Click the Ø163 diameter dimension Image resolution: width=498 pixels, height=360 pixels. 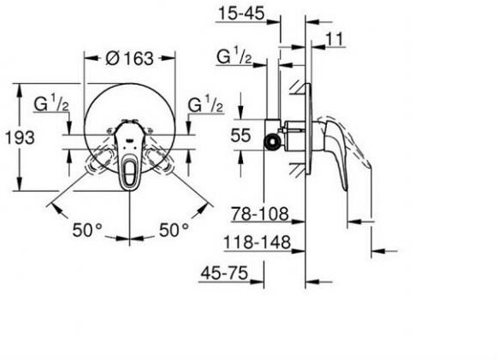(x=129, y=58)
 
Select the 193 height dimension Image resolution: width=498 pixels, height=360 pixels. (x=20, y=138)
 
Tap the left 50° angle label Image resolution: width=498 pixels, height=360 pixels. (x=87, y=230)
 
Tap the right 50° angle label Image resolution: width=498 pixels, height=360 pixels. (x=174, y=230)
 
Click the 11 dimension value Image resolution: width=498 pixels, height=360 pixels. (x=335, y=39)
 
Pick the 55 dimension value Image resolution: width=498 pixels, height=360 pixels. (x=240, y=135)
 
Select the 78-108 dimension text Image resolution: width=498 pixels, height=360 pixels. (x=260, y=214)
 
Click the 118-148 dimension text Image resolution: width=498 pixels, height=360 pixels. (x=258, y=242)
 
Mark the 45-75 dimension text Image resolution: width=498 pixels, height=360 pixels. (x=224, y=273)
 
